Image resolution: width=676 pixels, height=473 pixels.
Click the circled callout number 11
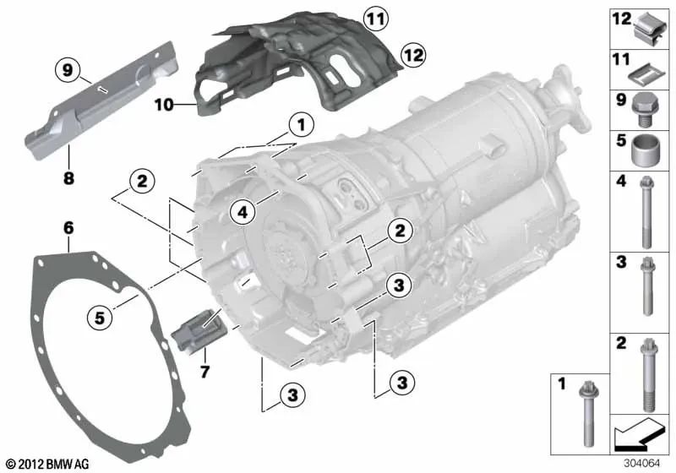tap(375, 19)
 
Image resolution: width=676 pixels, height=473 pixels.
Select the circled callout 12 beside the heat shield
tap(412, 55)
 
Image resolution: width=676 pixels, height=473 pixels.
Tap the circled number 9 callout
tap(68, 70)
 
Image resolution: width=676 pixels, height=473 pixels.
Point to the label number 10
tap(164, 104)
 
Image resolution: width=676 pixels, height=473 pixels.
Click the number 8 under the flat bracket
tap(68, 177)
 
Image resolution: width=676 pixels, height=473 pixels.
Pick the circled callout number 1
tap(301, 126)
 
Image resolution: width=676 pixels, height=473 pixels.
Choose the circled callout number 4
tap(243, 212)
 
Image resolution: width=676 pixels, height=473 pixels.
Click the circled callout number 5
tap(99, 318)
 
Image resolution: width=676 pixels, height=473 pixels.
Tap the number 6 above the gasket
tap(68, 228)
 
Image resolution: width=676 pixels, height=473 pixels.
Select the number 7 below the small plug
tap(204, 371)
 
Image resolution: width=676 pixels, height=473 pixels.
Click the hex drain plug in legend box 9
tap(642, 111)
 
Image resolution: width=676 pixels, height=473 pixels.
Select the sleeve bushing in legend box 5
tap(642, 150)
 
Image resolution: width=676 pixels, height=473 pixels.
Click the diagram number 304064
tap(641, 464)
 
